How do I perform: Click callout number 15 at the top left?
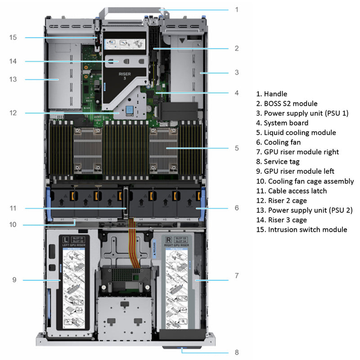point(13,37)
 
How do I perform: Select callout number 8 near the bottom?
point(237,352)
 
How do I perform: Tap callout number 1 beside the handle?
point(237,9)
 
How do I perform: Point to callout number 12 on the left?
point(13,112)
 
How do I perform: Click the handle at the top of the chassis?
point(131,8)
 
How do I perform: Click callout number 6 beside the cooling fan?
point(237,208)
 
